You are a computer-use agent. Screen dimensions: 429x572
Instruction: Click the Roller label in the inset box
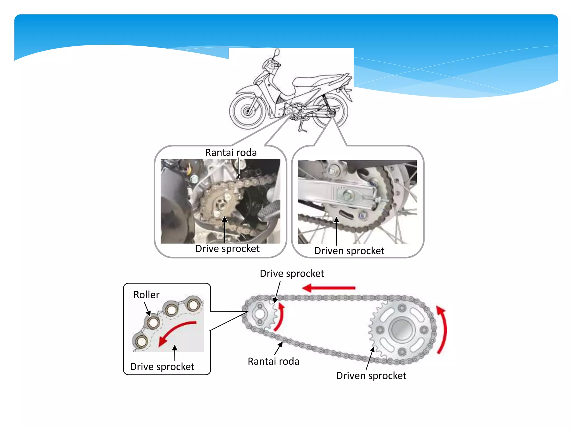[x=146, y=295]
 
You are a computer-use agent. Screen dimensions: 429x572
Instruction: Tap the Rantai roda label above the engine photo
[x=231, y=152]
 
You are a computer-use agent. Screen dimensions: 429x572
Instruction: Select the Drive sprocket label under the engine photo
[x=227, y=249]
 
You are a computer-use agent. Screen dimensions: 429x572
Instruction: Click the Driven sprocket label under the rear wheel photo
[x=349, y=251]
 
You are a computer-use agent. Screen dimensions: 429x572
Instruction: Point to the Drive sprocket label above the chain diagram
[x=292, y=273]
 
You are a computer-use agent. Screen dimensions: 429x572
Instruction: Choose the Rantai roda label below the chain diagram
[x=273, y=361]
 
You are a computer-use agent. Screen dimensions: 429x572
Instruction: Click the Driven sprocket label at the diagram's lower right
[x=371, y=376]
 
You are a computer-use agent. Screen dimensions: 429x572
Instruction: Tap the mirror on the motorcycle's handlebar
[x=277, y=52]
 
